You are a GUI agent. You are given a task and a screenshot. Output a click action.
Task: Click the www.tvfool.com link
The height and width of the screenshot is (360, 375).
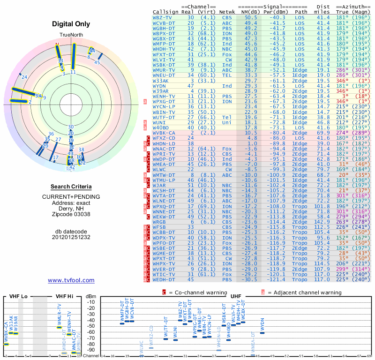point(71,280)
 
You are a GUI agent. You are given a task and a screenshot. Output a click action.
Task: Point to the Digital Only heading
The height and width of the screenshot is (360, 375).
point(71,24)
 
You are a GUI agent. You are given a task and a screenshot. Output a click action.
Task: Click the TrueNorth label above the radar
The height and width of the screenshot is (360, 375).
point(71,36)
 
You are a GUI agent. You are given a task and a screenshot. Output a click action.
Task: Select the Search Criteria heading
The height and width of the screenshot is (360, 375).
point(71,187)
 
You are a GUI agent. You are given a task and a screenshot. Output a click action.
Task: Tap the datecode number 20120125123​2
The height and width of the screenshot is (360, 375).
point(71,237)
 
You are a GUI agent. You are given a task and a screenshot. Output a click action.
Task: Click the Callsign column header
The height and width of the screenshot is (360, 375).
point(166,12)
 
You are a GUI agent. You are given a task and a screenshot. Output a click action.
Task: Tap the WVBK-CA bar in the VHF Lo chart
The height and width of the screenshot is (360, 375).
point(7,344)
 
